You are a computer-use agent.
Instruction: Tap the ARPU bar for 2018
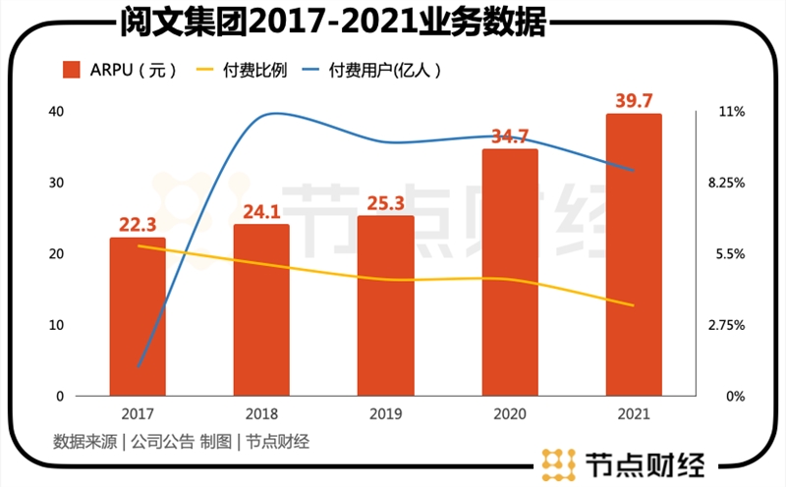tap(261, 310)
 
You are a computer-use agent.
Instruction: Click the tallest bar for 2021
tap(633, 255)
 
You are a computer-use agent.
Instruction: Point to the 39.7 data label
tap(633, 98)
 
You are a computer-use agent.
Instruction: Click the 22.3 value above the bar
tap(138, 224)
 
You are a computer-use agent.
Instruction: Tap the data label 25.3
tap(385, 203)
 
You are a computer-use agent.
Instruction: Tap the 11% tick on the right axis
tap(732, 112)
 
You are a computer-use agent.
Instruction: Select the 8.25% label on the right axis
tap(732, 183)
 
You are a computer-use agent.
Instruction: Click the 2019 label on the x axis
tap(385, 414)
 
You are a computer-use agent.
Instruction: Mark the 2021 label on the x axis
tap(633, 414)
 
